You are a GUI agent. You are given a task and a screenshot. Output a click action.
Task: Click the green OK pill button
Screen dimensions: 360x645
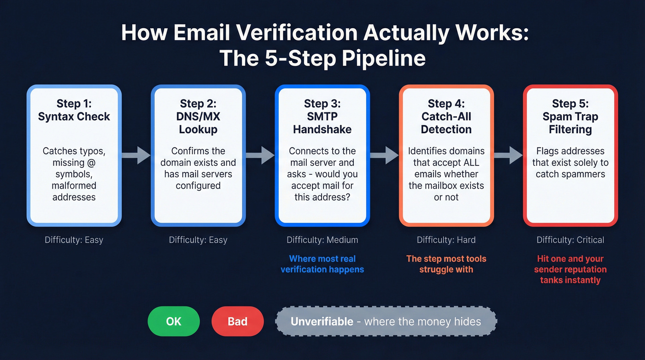(x=174, y=321)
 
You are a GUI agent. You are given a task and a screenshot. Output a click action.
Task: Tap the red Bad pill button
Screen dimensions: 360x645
(x=237, y=321)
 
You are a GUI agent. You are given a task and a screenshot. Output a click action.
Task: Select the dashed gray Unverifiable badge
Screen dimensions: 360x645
(x=386, y=321)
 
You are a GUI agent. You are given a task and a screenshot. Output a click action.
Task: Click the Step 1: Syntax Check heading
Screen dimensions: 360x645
(x=74, y=110)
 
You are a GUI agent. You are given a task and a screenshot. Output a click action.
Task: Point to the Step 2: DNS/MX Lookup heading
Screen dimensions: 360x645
(x=198, y=116)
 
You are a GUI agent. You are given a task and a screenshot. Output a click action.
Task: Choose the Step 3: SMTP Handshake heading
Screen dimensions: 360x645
(x=322, y=116)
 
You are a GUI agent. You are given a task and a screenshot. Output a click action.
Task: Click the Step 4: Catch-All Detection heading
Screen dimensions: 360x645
(x=446, y=116)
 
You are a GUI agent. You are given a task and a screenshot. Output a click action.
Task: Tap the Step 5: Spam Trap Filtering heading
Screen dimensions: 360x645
(x=570, y=116)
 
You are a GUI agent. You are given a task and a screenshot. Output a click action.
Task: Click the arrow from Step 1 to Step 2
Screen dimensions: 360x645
(x=136, y=155)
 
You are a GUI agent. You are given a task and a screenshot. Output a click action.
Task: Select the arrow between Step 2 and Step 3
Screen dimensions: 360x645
(x=260, y=155)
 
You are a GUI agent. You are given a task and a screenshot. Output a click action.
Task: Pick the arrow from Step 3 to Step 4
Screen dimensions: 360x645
(x=384, y=155)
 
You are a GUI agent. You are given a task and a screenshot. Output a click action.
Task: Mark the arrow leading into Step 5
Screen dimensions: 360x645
(x=508, y=155)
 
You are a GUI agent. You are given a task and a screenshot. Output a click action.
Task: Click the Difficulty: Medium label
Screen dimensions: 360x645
(x=322, y=240)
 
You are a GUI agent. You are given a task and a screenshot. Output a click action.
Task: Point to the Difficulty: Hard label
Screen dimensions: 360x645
(x=446, y=240)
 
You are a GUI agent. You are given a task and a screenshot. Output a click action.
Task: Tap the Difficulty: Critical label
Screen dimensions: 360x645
(x=570, y=240)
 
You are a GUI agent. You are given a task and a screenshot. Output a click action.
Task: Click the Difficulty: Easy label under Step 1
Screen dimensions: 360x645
(x=74, y=240)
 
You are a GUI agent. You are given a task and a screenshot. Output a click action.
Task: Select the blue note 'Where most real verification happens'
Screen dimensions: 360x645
(x=322, y=264)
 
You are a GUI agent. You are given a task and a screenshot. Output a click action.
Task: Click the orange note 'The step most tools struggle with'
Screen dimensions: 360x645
(x=446, y=264)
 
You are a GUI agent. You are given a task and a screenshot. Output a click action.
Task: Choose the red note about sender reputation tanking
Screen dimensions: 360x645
(x=570, y=269)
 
